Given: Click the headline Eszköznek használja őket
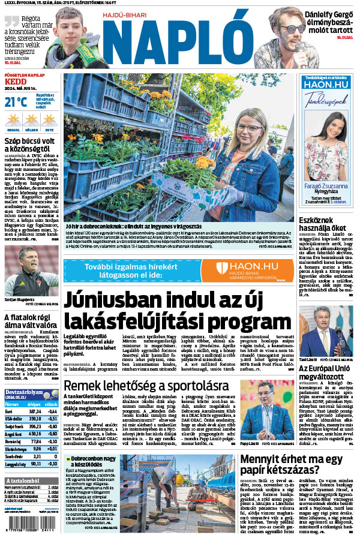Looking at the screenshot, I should [322, 223].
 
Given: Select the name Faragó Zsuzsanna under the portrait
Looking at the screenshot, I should [326, 187].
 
